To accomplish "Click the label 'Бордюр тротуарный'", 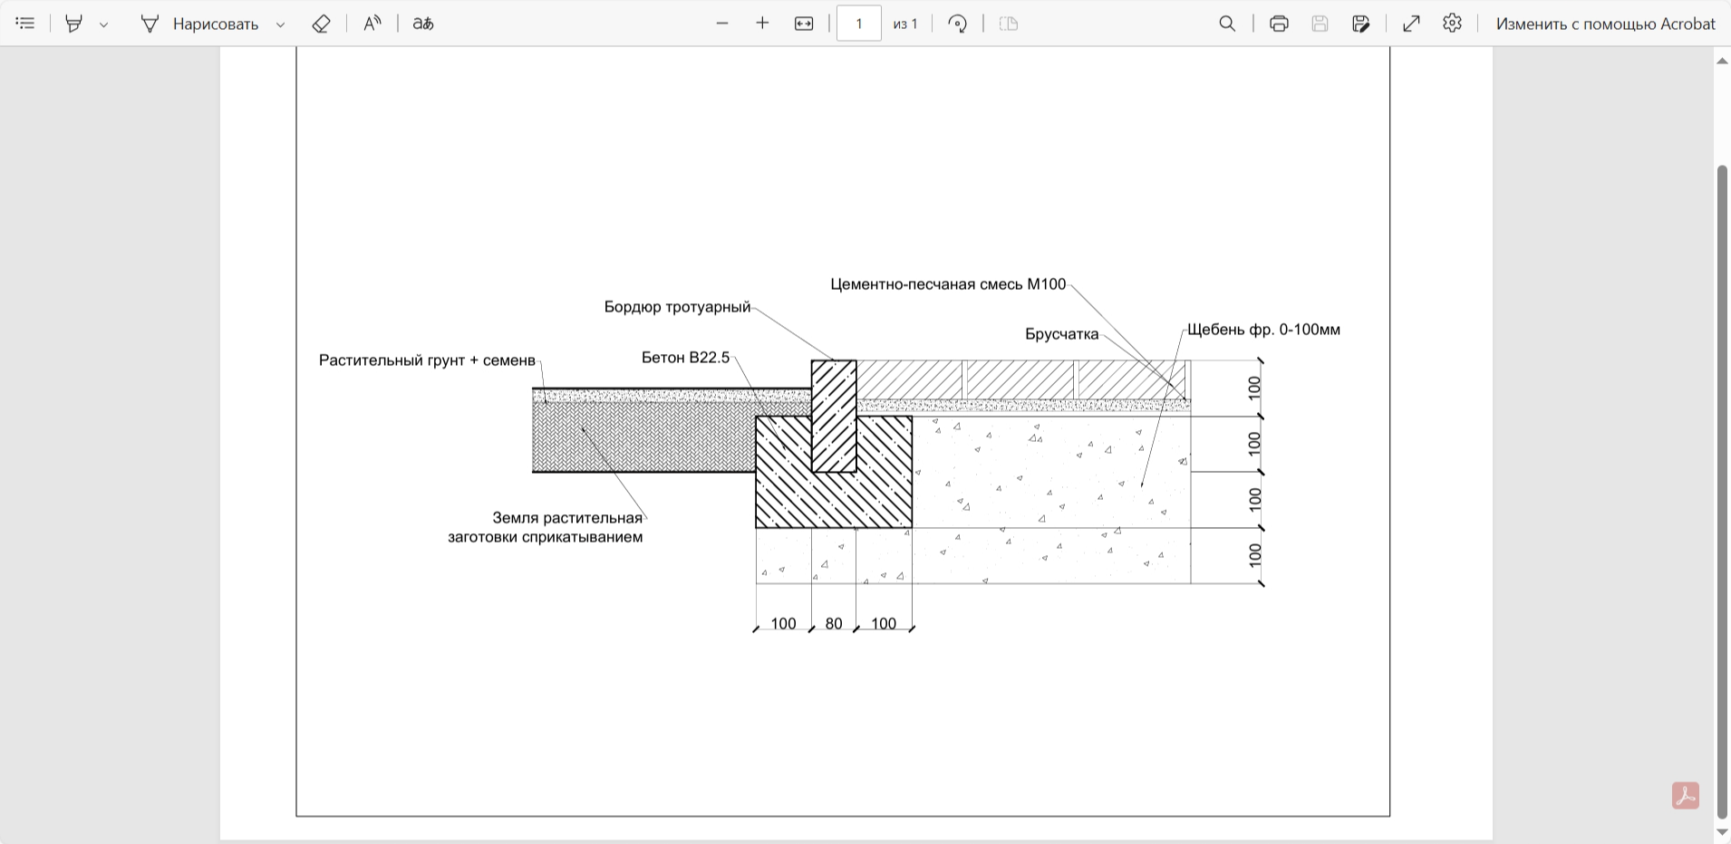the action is click(677, 308).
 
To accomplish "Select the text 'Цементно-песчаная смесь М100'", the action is click(948, 284).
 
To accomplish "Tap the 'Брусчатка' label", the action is click(1062, 334).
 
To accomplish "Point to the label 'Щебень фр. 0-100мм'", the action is click(1263, 330).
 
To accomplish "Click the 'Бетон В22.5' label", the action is click(685, 358).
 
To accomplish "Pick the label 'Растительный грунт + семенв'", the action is click(427, 360).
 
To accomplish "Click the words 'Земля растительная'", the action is click(567, 518).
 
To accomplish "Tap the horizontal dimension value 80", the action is click(834, 624).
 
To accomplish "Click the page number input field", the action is click(859, 24).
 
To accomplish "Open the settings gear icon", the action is click(1452, 24).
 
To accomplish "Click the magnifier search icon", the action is click(1227, 24).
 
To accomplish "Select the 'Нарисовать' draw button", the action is click(199, 24).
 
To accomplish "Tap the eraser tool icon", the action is click(321, 24).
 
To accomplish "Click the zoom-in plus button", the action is click(762, 24).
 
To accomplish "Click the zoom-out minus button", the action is click(722, 24).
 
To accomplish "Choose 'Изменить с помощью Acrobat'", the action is click(1605, 24).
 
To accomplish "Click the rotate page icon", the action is click(957, 24).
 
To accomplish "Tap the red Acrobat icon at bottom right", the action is click(1686, 796).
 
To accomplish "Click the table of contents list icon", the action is click(25, 24).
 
